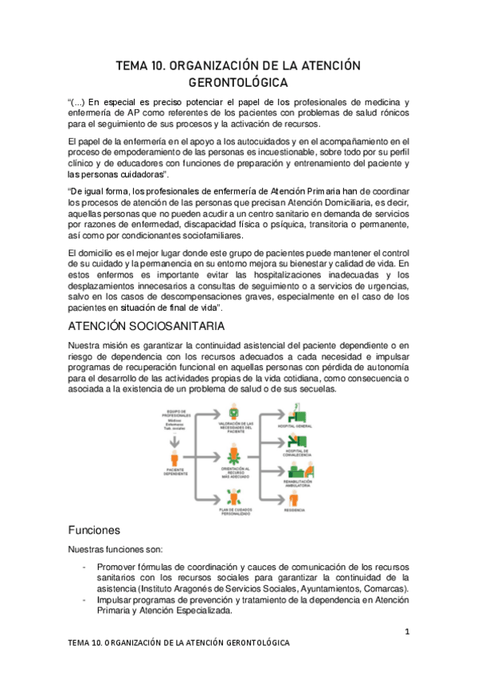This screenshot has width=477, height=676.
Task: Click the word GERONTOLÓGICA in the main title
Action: click(x=238, y=81)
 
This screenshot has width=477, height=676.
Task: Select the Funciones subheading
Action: click(x=94, y=529)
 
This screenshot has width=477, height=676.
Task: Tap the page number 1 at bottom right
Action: click(x=406, y=633)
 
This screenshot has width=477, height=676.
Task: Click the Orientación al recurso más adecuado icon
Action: click(x=234, y=455)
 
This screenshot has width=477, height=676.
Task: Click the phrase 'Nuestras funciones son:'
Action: click(x=115, y=549)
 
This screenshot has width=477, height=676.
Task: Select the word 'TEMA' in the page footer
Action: click(x=80, y=643)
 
